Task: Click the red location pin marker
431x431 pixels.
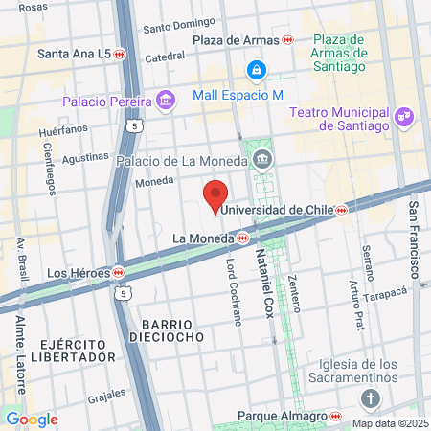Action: [x=216, y=193]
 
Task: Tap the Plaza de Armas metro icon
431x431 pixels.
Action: [x=288, y=40]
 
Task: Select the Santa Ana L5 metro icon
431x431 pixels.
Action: [x=120, y=54]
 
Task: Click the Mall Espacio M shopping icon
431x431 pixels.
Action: [x=256, y=70]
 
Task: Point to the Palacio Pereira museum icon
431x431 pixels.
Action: [x=167, y=100]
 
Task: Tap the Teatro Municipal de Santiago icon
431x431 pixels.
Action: [x=405, y=116]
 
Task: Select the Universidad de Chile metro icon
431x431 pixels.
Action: [x=341, y=210]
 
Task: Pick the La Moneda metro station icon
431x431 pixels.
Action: [x=243, y=237]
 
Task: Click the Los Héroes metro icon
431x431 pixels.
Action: [x=118, y=271]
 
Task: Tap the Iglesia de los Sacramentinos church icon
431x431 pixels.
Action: [x=371, y=398]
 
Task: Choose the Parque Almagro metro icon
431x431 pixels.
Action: [x=336, y=417]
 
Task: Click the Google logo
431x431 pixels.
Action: [x=32, y=419]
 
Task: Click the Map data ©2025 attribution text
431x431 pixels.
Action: [x=389, y=423]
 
